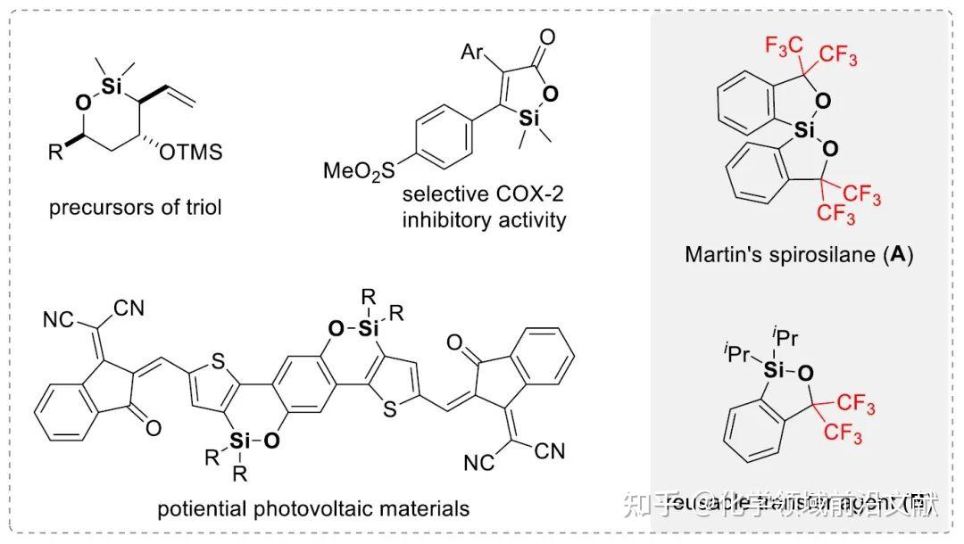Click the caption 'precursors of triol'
coord(136,208)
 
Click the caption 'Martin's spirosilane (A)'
coord(799,254)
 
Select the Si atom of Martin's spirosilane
coord(805,131)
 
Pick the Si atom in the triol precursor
coord(110,85)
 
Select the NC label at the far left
coord(58,318)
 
